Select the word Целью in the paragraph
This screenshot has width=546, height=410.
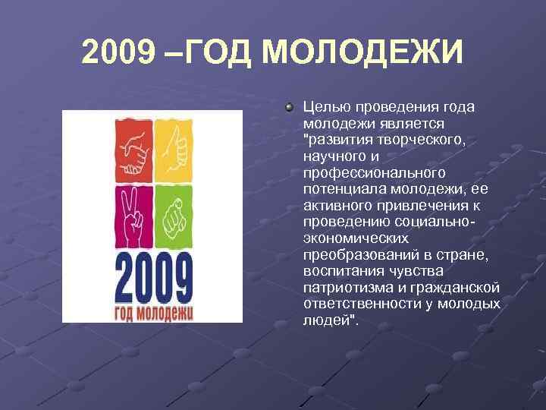pyautogui.click(x=322, y=108)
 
